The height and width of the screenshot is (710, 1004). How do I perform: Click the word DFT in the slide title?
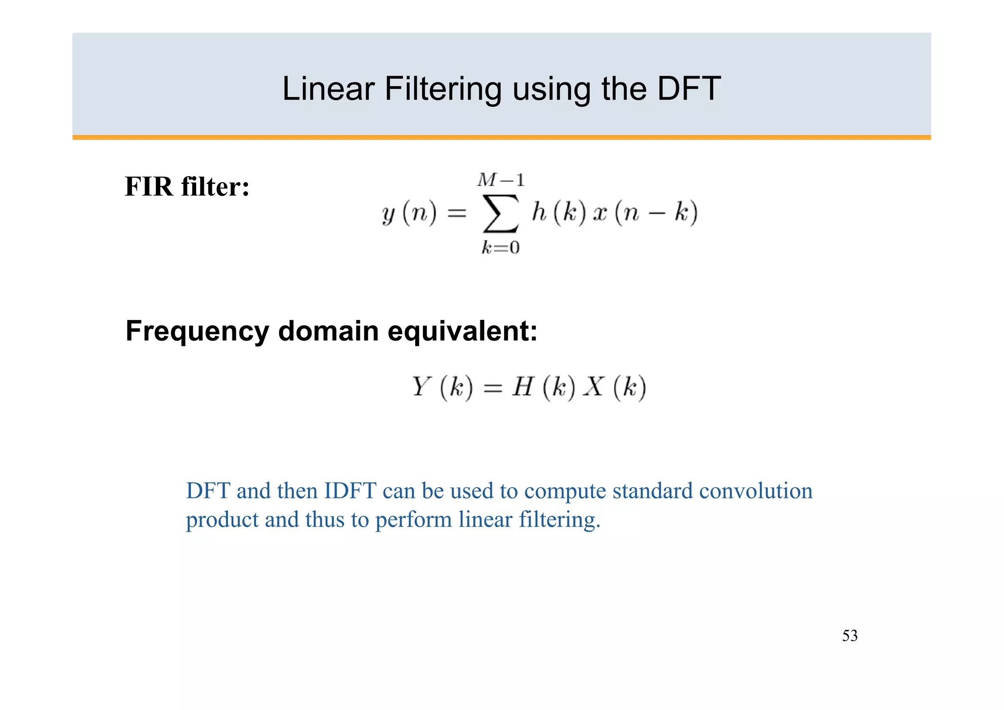[689, 89]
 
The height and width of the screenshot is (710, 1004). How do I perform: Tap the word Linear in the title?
[328, 89]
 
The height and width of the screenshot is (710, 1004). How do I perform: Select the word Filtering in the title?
[443, 90]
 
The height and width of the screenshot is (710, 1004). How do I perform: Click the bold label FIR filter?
[187, 187]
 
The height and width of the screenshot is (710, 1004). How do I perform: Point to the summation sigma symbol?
[501, 213]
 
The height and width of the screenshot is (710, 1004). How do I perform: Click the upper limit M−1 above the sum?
[501, 181]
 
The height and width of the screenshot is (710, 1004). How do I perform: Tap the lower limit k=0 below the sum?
[501, 247]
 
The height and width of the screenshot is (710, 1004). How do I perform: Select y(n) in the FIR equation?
[409, 213]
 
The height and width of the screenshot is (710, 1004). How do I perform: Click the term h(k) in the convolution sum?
[559, 213]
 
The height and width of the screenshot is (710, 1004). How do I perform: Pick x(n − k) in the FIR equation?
[645, 213]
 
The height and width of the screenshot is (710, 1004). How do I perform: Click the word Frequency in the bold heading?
[197, 331]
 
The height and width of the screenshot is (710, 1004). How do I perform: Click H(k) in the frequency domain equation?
[544, 387]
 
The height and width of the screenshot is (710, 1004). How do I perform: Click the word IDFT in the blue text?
[350, 491]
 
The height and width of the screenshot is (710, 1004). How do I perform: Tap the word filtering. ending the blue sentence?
[559, 520]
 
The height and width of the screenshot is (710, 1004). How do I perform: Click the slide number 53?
[850, 636]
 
